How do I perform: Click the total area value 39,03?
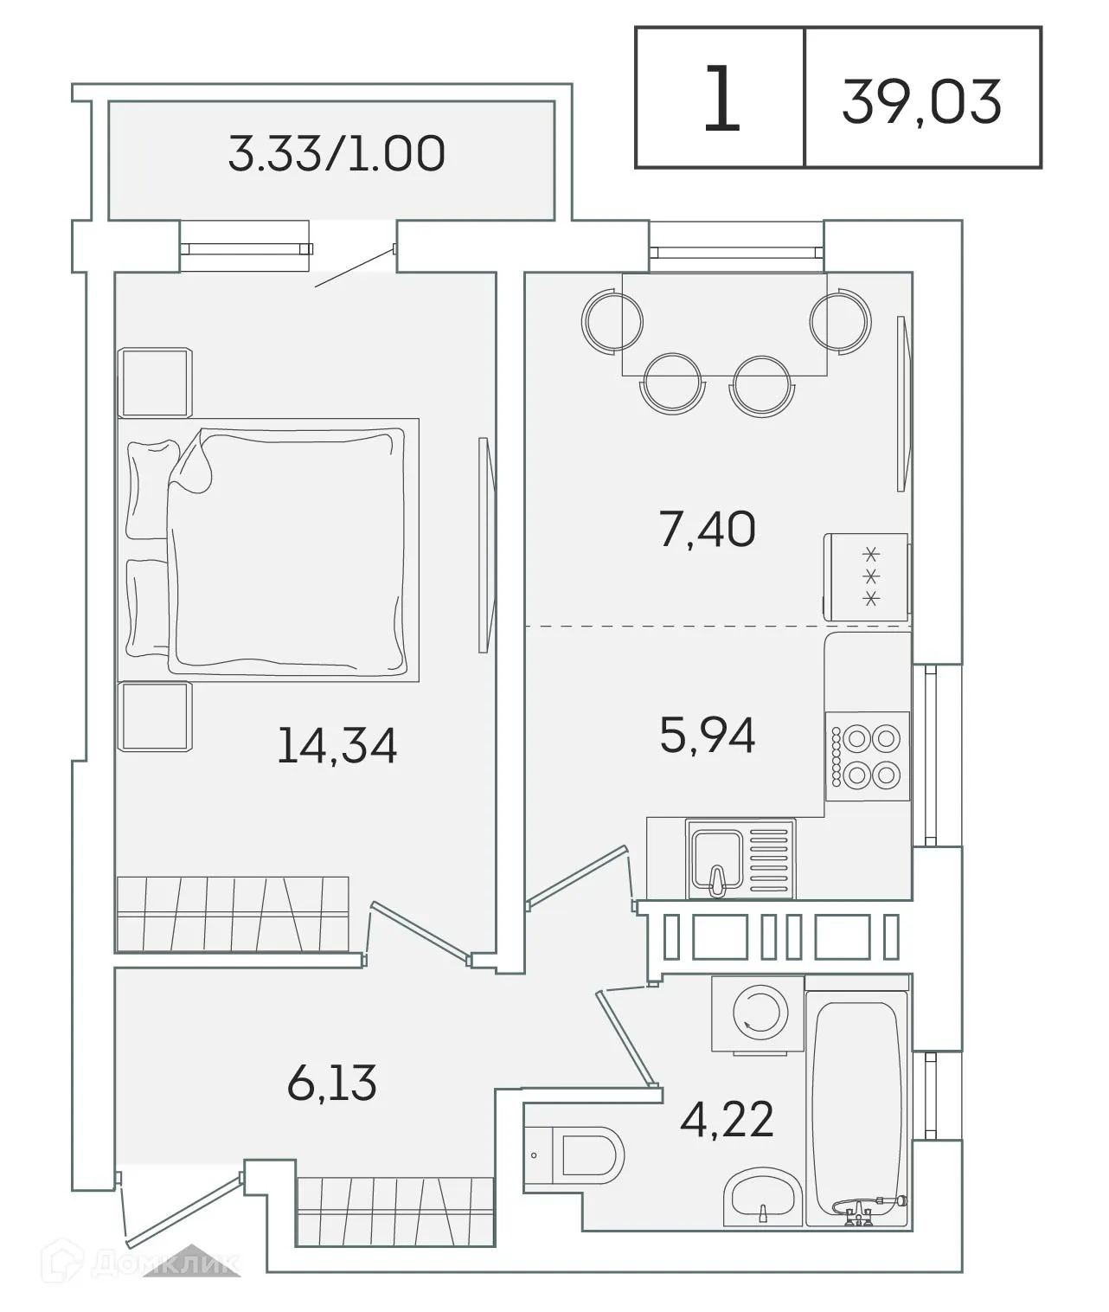pyautogui.click(x=921, y=100)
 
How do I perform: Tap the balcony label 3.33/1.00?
pyautogui.click(x=336, y=153)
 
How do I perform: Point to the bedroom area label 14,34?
pyautogui.click(x=337, y=745)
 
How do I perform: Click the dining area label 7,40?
pyautogui.click(x=707, y=530)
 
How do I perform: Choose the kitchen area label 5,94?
pyautogui.click(x=707, y=736)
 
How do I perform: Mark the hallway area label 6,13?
pyautogui.click(x=332, y=1083)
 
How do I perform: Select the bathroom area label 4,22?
pyautogui.click(x=726, y=1119)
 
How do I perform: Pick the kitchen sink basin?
pyautogui.click(x=715, y=859)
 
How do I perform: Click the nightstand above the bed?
pyautogui.click(x=155, y=383)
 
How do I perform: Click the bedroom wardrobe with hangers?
pyautogui.click(x=232, y=914)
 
